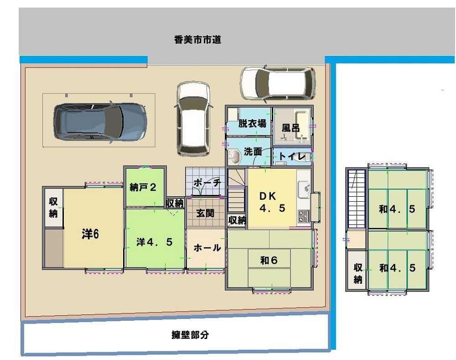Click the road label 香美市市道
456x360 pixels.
click(197, 40)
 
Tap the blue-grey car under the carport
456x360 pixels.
click(100, 122)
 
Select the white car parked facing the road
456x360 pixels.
click(193, 118)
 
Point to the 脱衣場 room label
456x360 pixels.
click(252, 123)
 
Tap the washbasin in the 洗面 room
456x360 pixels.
click(234, 157)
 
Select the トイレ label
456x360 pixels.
click(292, 157)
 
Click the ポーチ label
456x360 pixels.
click(207, 183)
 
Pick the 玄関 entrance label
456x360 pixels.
click(205, 213)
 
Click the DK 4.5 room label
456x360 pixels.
click(272, 202)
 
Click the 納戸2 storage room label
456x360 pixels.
click(143, 188)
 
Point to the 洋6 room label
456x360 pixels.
click(90, 234)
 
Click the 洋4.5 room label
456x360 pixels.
click(155, 242)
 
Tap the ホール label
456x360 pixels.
click(207, 248)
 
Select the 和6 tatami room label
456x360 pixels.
click(269, 261)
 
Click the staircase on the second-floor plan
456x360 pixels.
click(357, 199)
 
